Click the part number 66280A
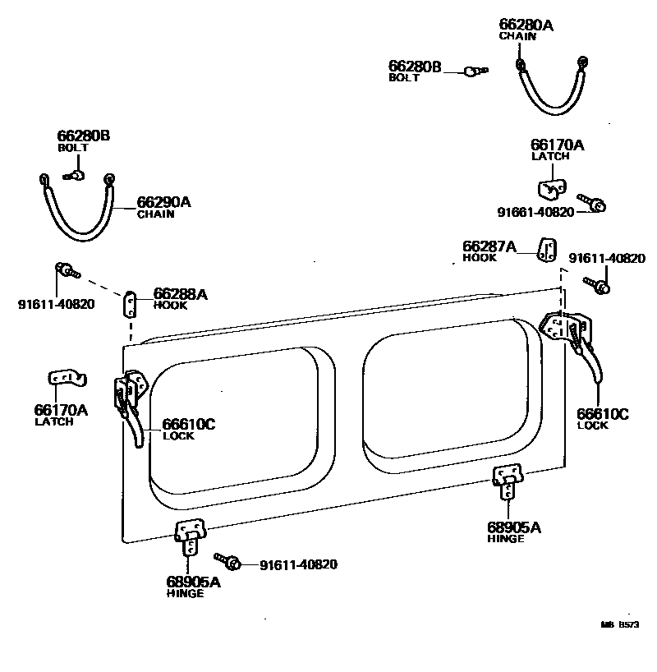pos(526,25)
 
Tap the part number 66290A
pos(163,202)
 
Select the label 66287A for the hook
pos(489,246)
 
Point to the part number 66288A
pos(181,293)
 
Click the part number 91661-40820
pos(535,211)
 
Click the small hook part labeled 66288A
pos(130,305)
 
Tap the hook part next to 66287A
pos(547,249)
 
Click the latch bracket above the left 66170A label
pos(67,379)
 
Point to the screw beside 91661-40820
pos(592,201)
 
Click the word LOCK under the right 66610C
pos(592,426)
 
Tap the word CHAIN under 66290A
pos(155,214)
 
